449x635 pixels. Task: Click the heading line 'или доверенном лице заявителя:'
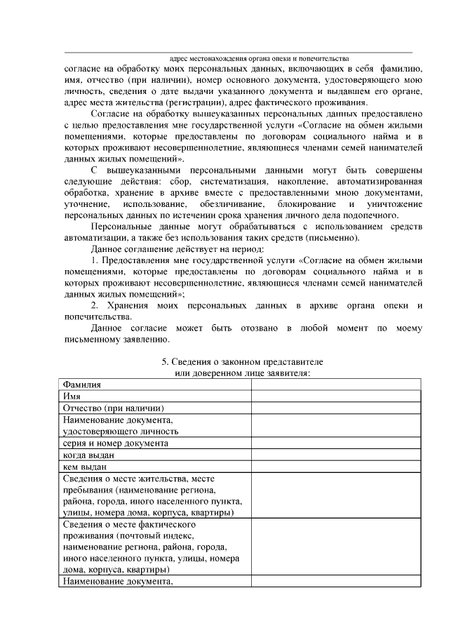pyautogui.click(x=242, y=373)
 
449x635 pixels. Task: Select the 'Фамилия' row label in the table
pyautogui.click(x=81, y=385)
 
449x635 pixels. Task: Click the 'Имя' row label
pyautogui.click(x=72, y=396)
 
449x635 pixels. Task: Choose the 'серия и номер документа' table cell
pyautogui.click(x=115, y=443)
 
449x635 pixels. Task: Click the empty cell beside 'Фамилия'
pyautogui.click(x=336, y=385)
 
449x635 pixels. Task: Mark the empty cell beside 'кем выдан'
pyautogui.click(x=336, y=467)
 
